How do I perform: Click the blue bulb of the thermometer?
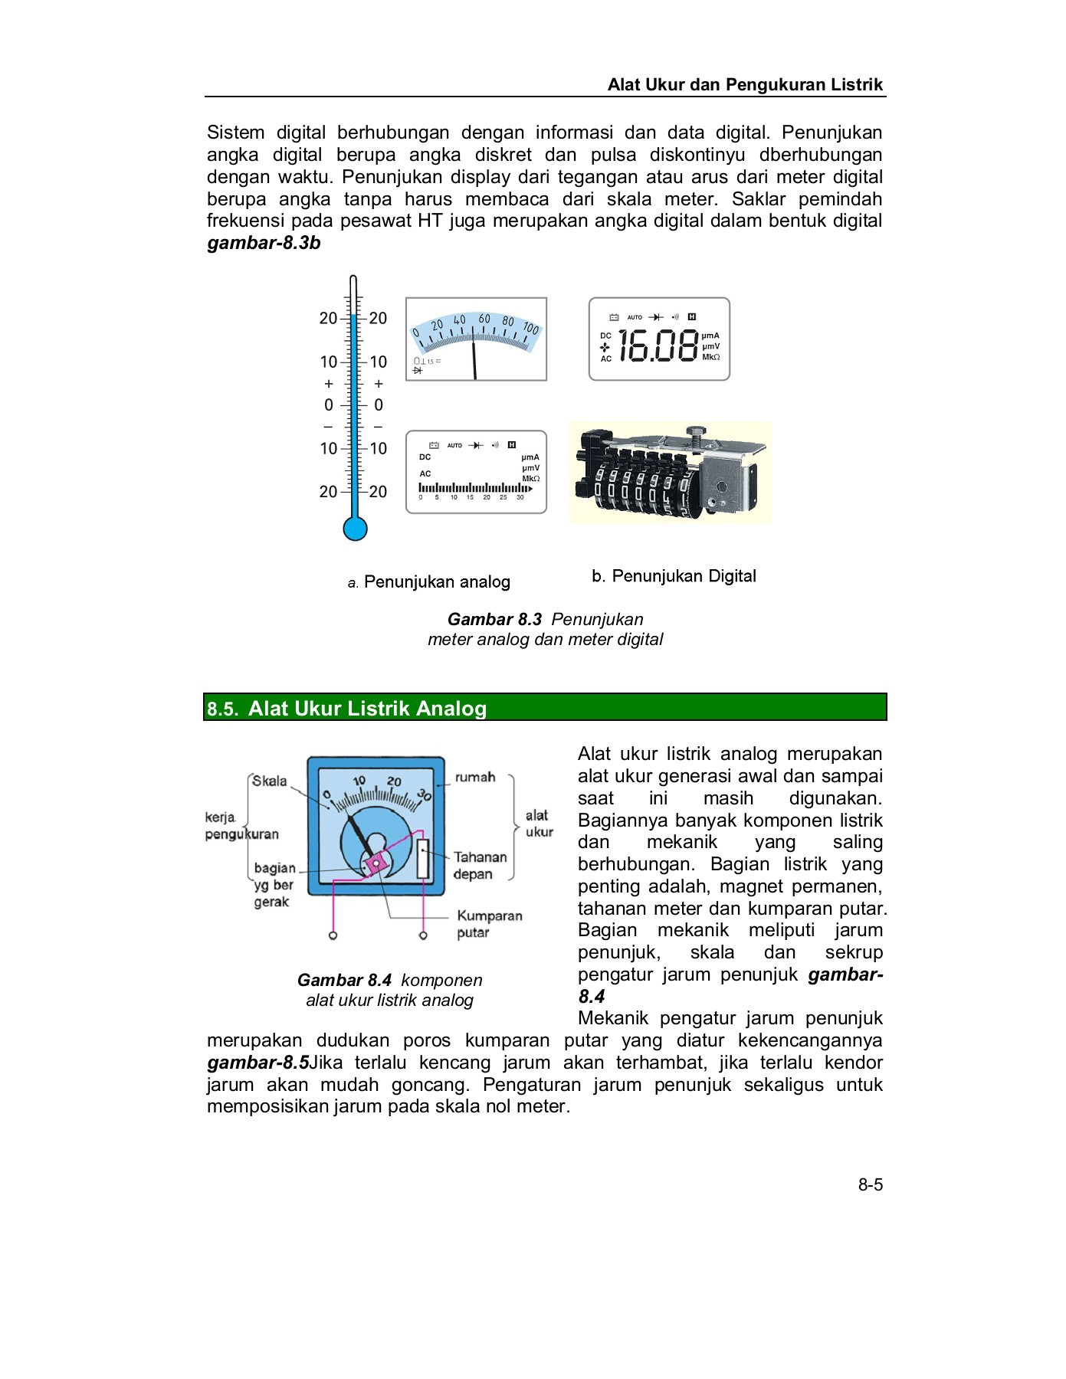(355, 528)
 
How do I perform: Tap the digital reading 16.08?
(658, 346)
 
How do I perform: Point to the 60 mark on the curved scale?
(484, 319)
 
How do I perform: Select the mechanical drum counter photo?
(669, 473)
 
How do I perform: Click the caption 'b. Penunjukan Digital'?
(674, 576)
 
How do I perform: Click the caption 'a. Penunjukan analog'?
(429, 582)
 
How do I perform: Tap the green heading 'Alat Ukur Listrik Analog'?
(367, 708)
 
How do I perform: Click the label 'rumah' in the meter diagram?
(475, 777)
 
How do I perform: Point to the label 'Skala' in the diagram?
(269, 781)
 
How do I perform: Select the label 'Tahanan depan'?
(480, 866)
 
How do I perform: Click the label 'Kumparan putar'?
(489, 924)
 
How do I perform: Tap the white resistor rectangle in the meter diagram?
(423, 859)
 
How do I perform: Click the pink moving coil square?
(376, 863)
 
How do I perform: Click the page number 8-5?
(870, 1184)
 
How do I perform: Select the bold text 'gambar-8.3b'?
(264, 244)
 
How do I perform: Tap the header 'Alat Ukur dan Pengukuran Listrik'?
(745, 84)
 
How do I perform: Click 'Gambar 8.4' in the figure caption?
(344, 980)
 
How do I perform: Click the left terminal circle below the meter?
(333, 935)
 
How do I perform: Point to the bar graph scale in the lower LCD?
(473, 489)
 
